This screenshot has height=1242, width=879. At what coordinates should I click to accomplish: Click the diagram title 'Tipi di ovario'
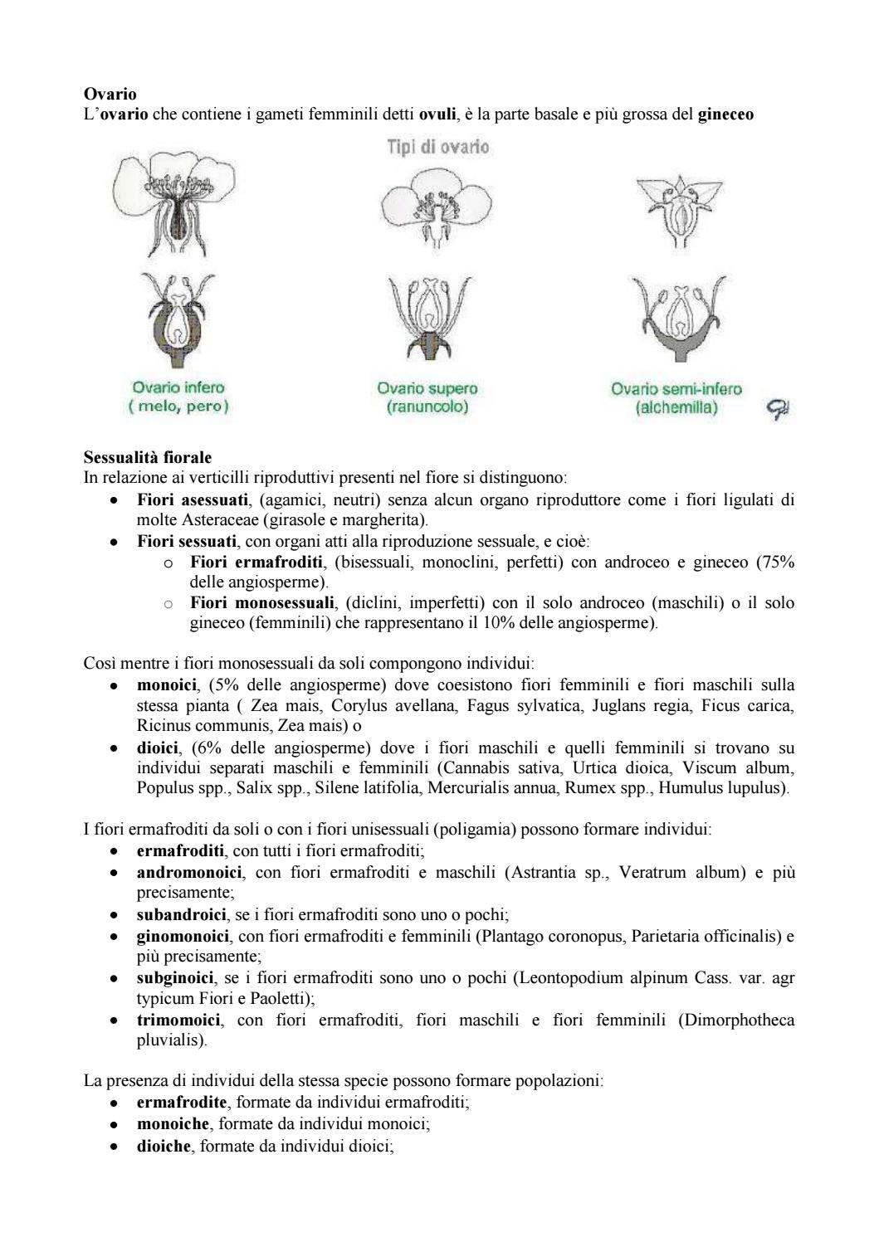(437, 147)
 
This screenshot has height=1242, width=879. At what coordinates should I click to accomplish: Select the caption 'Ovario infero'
(178, 387)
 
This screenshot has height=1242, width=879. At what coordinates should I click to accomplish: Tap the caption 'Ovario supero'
(427, 388)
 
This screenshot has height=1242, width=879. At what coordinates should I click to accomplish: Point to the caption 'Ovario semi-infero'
(676, 388)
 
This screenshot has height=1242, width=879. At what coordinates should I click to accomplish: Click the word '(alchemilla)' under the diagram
(676, 408)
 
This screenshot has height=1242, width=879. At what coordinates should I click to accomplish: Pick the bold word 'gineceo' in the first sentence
(725, 115)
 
